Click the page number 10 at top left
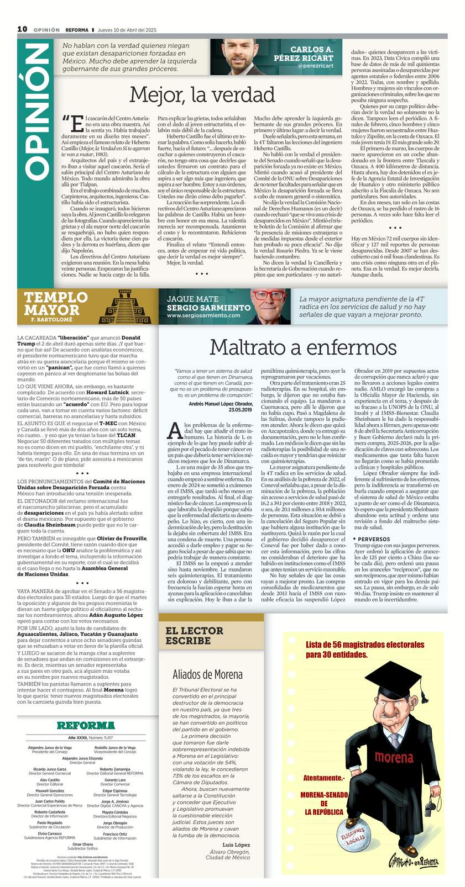pos(22,29)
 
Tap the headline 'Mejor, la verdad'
pos(202,94)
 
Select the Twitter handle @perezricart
pos(315,66)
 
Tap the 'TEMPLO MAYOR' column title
pos(56,304)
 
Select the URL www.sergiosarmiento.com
pos(203,315)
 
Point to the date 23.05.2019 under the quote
pos(237,410)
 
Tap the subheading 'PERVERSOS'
pos(374,539)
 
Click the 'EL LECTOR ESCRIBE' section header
pos(195,636)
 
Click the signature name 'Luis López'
pos(236,845)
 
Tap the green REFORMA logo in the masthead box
pos(86,725)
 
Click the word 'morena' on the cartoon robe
pos(394,757)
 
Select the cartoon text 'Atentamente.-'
pos(323,778)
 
